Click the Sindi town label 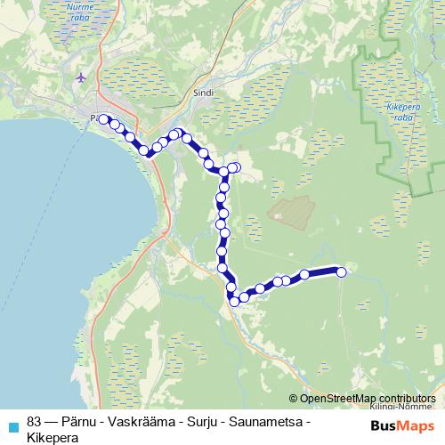coord(205,91)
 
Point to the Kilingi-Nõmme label coord(392,405)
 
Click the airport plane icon coord(82,77)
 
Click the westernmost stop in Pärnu coord(104,119)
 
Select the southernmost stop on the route coord(236,301)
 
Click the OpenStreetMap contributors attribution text coord(367,399)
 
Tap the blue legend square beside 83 coord(12,424)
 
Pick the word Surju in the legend coord(206,421)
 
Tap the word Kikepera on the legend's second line coord(53,437)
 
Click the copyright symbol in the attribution coord(294,399)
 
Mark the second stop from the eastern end coord(304,275)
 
